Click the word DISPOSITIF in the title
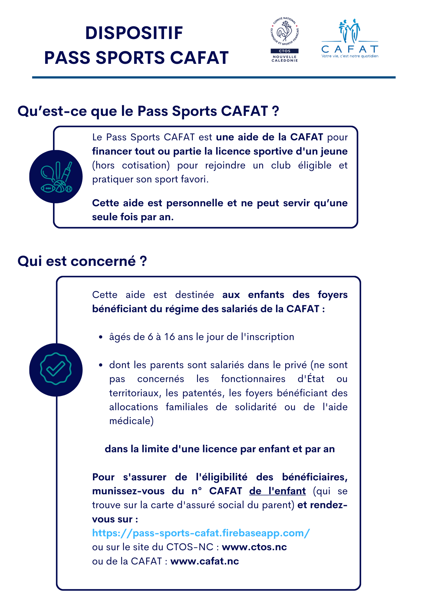tap(134, 33)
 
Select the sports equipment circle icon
tap(56, 177)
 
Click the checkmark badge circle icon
tap(56, 370)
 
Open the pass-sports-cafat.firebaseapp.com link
tap(201, 533)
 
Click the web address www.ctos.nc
tap(254, 547)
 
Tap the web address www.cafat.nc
tap(205, 561)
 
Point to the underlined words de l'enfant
tap(277, 491)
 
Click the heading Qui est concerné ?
tap(82, 261)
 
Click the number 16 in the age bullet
tap(170, 337)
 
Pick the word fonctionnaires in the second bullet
tap(253, 379)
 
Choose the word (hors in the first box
tap(104, 165)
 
